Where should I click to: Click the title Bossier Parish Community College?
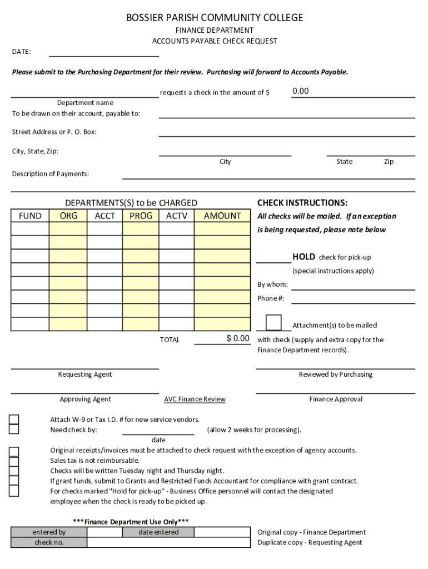(215, 18)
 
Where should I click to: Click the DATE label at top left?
(22, 52)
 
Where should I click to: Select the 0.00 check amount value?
(301, 91)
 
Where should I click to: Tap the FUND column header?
(30, 216)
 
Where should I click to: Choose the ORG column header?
(68, 216)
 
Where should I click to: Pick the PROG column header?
(141, 216)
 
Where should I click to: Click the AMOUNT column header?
(222, 216)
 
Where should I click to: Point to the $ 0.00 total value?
(238, 338)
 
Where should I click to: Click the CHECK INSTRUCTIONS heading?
(302, 203)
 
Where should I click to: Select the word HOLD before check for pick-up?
(303, 257)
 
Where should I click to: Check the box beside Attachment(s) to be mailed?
(273, 323)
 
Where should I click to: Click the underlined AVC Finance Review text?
(195, 399)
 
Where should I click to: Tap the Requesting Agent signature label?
(85, 375)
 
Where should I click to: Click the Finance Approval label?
(336, 399)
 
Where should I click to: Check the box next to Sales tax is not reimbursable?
(14, 461)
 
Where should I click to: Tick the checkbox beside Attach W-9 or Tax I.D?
(14, 420)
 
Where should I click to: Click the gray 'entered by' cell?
(49, 532)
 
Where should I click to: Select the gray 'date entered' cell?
(158, 532)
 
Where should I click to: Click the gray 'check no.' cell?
(49, 543)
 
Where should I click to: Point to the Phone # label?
(271, 298)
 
